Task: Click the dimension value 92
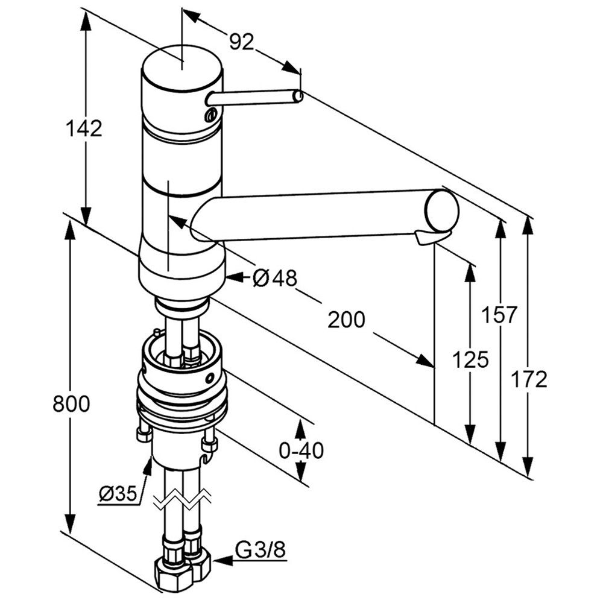pyautogui.click(x=242, y=40)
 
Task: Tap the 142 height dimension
pyautogui.click(x=84, y=128)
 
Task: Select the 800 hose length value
pyautogui.click(x=71, y=403)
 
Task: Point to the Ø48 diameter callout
pyautogui.click(x=275, y=277)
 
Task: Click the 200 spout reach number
pyautogui.click(x=346, y=320)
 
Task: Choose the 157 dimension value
pyautogui.click(x=499, y=314)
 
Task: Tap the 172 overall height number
pyautogui.click(x=529, y=379)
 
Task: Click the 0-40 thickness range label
pyautogui.click(x=301, y=450)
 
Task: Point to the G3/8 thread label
pyautogui.click(x=259, y=550)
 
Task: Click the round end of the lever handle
pyautogui.click(x=298, y=96)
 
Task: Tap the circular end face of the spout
pyautogui.click(x=441, y=209)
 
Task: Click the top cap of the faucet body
pyautogui.click(x=181, y=66)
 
